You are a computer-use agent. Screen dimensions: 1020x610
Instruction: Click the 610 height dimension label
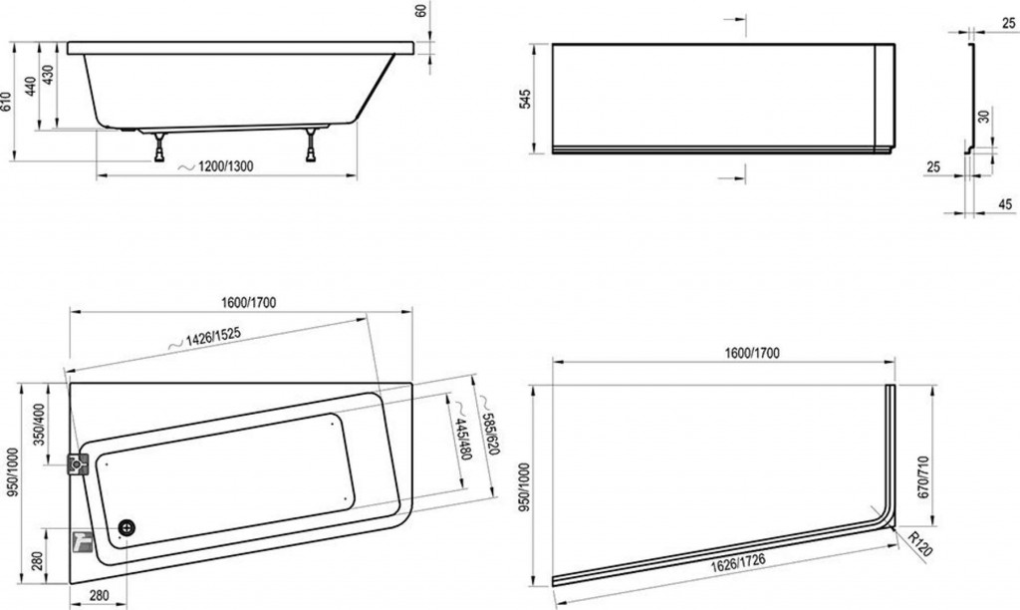6,102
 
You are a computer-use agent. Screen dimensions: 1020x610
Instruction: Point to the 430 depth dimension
48,75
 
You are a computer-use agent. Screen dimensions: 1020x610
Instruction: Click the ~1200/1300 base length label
216,166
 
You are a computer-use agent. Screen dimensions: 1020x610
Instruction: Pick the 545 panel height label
526,99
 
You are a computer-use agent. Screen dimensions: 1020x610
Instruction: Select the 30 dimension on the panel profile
984,117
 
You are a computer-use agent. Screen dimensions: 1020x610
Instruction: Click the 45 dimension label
1005,204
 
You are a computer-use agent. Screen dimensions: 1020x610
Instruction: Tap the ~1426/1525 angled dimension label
205,337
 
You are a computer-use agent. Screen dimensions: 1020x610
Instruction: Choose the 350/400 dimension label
40,425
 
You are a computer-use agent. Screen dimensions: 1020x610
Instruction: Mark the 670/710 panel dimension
922,476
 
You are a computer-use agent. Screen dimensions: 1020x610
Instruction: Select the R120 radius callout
919,543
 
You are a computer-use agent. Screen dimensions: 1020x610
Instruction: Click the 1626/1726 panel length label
738,562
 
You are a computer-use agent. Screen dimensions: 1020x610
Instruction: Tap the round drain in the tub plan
127,527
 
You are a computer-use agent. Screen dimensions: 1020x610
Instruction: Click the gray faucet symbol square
82,539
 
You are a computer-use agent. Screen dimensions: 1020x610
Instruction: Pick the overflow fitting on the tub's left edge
78,464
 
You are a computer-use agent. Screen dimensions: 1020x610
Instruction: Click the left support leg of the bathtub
158,147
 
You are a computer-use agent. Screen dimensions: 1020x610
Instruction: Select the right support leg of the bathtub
312,146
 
